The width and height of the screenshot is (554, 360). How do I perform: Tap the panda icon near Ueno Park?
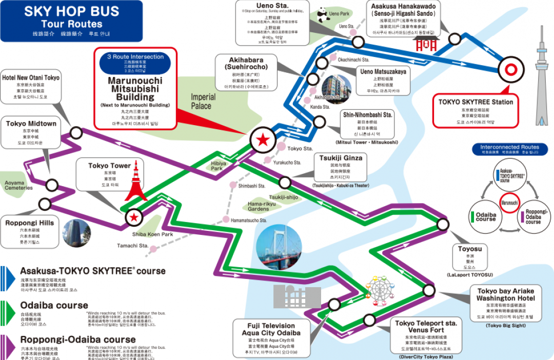click(322, 15)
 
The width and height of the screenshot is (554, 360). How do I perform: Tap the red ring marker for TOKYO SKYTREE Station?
click(511, 70)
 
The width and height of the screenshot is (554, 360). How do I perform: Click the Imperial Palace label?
click(201, 102)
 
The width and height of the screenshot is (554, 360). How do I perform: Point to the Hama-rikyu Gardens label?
click(258, 206)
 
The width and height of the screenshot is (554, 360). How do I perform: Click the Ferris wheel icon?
click(381, 290)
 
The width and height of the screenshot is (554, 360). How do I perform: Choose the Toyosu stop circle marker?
click(443, 225)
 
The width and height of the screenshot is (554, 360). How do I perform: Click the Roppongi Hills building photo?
click(76, 233)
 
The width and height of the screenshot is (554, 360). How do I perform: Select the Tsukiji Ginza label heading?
click(341, 158)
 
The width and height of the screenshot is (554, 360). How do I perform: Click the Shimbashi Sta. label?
click(251, 186)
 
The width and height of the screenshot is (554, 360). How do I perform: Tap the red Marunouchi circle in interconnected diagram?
click(510, 202)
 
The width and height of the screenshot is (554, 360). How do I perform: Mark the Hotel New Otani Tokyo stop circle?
click(76, 133)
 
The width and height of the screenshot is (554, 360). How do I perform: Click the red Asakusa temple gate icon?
click(425, 45)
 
